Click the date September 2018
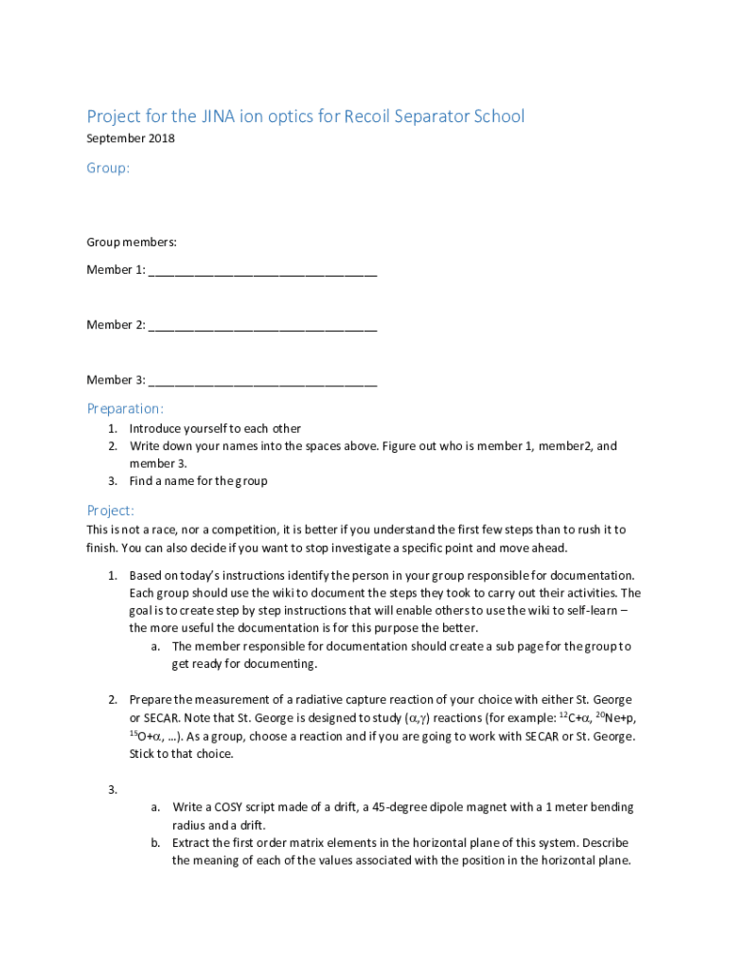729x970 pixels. pyautogui.click(x=131, y=139)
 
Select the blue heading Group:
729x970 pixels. pyautogui.click(x=108, y=168)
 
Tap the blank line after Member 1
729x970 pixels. pyautogui.click(x=262, y=272)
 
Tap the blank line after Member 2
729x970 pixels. pyautogui.click(x=262, y=327)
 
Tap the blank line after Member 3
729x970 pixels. pyautogui.click(x=262, y=382)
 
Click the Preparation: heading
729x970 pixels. pyautogui.click(x=125, y=408)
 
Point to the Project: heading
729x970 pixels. pyautogui.click(x=111, y=510)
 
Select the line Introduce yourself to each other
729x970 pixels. pyautogui.click(x=215, y=428)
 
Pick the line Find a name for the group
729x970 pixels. pyautogui.click(x=198, y=480)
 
